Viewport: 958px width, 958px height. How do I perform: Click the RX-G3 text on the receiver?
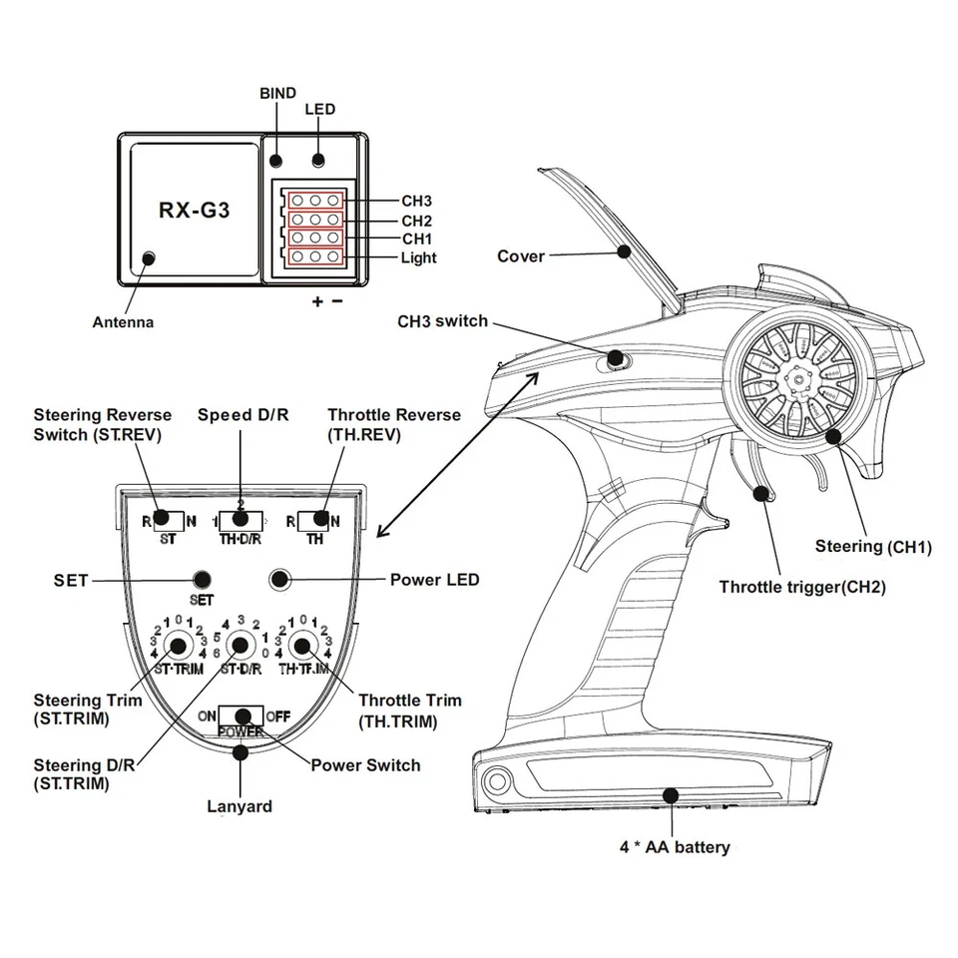195,211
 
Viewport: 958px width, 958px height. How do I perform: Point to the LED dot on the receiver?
318,160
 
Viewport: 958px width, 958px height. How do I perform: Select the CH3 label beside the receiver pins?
416,201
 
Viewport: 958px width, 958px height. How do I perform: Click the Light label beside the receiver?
418,257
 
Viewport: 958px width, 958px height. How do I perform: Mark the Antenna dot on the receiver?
149,258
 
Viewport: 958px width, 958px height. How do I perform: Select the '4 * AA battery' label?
675,847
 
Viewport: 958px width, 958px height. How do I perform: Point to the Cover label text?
521,256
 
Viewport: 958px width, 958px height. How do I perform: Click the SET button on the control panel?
203,579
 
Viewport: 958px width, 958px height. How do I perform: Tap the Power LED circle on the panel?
279,579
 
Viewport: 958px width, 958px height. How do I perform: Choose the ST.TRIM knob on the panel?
179,644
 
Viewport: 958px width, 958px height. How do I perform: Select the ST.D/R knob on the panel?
239,644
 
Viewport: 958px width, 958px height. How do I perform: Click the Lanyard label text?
239,805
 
